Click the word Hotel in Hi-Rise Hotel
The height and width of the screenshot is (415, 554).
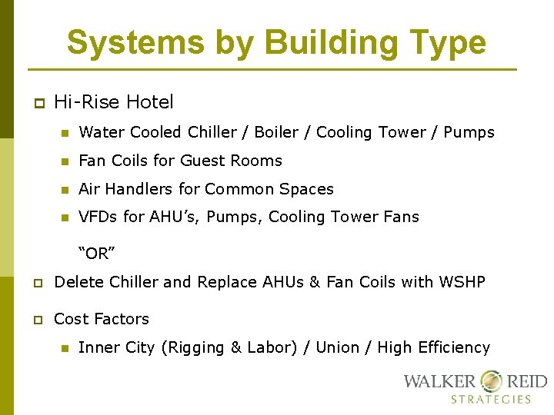(x=149, y=101)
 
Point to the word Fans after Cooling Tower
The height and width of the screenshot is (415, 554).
(x=400, y=217)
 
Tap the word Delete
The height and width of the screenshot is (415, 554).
(x=80, y=282)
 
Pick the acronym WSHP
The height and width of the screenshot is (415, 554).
(x=461, y=282)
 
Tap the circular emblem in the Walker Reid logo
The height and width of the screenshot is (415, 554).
(x=490, y=381)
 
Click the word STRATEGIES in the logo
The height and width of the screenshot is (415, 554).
(x=491, y=399)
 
